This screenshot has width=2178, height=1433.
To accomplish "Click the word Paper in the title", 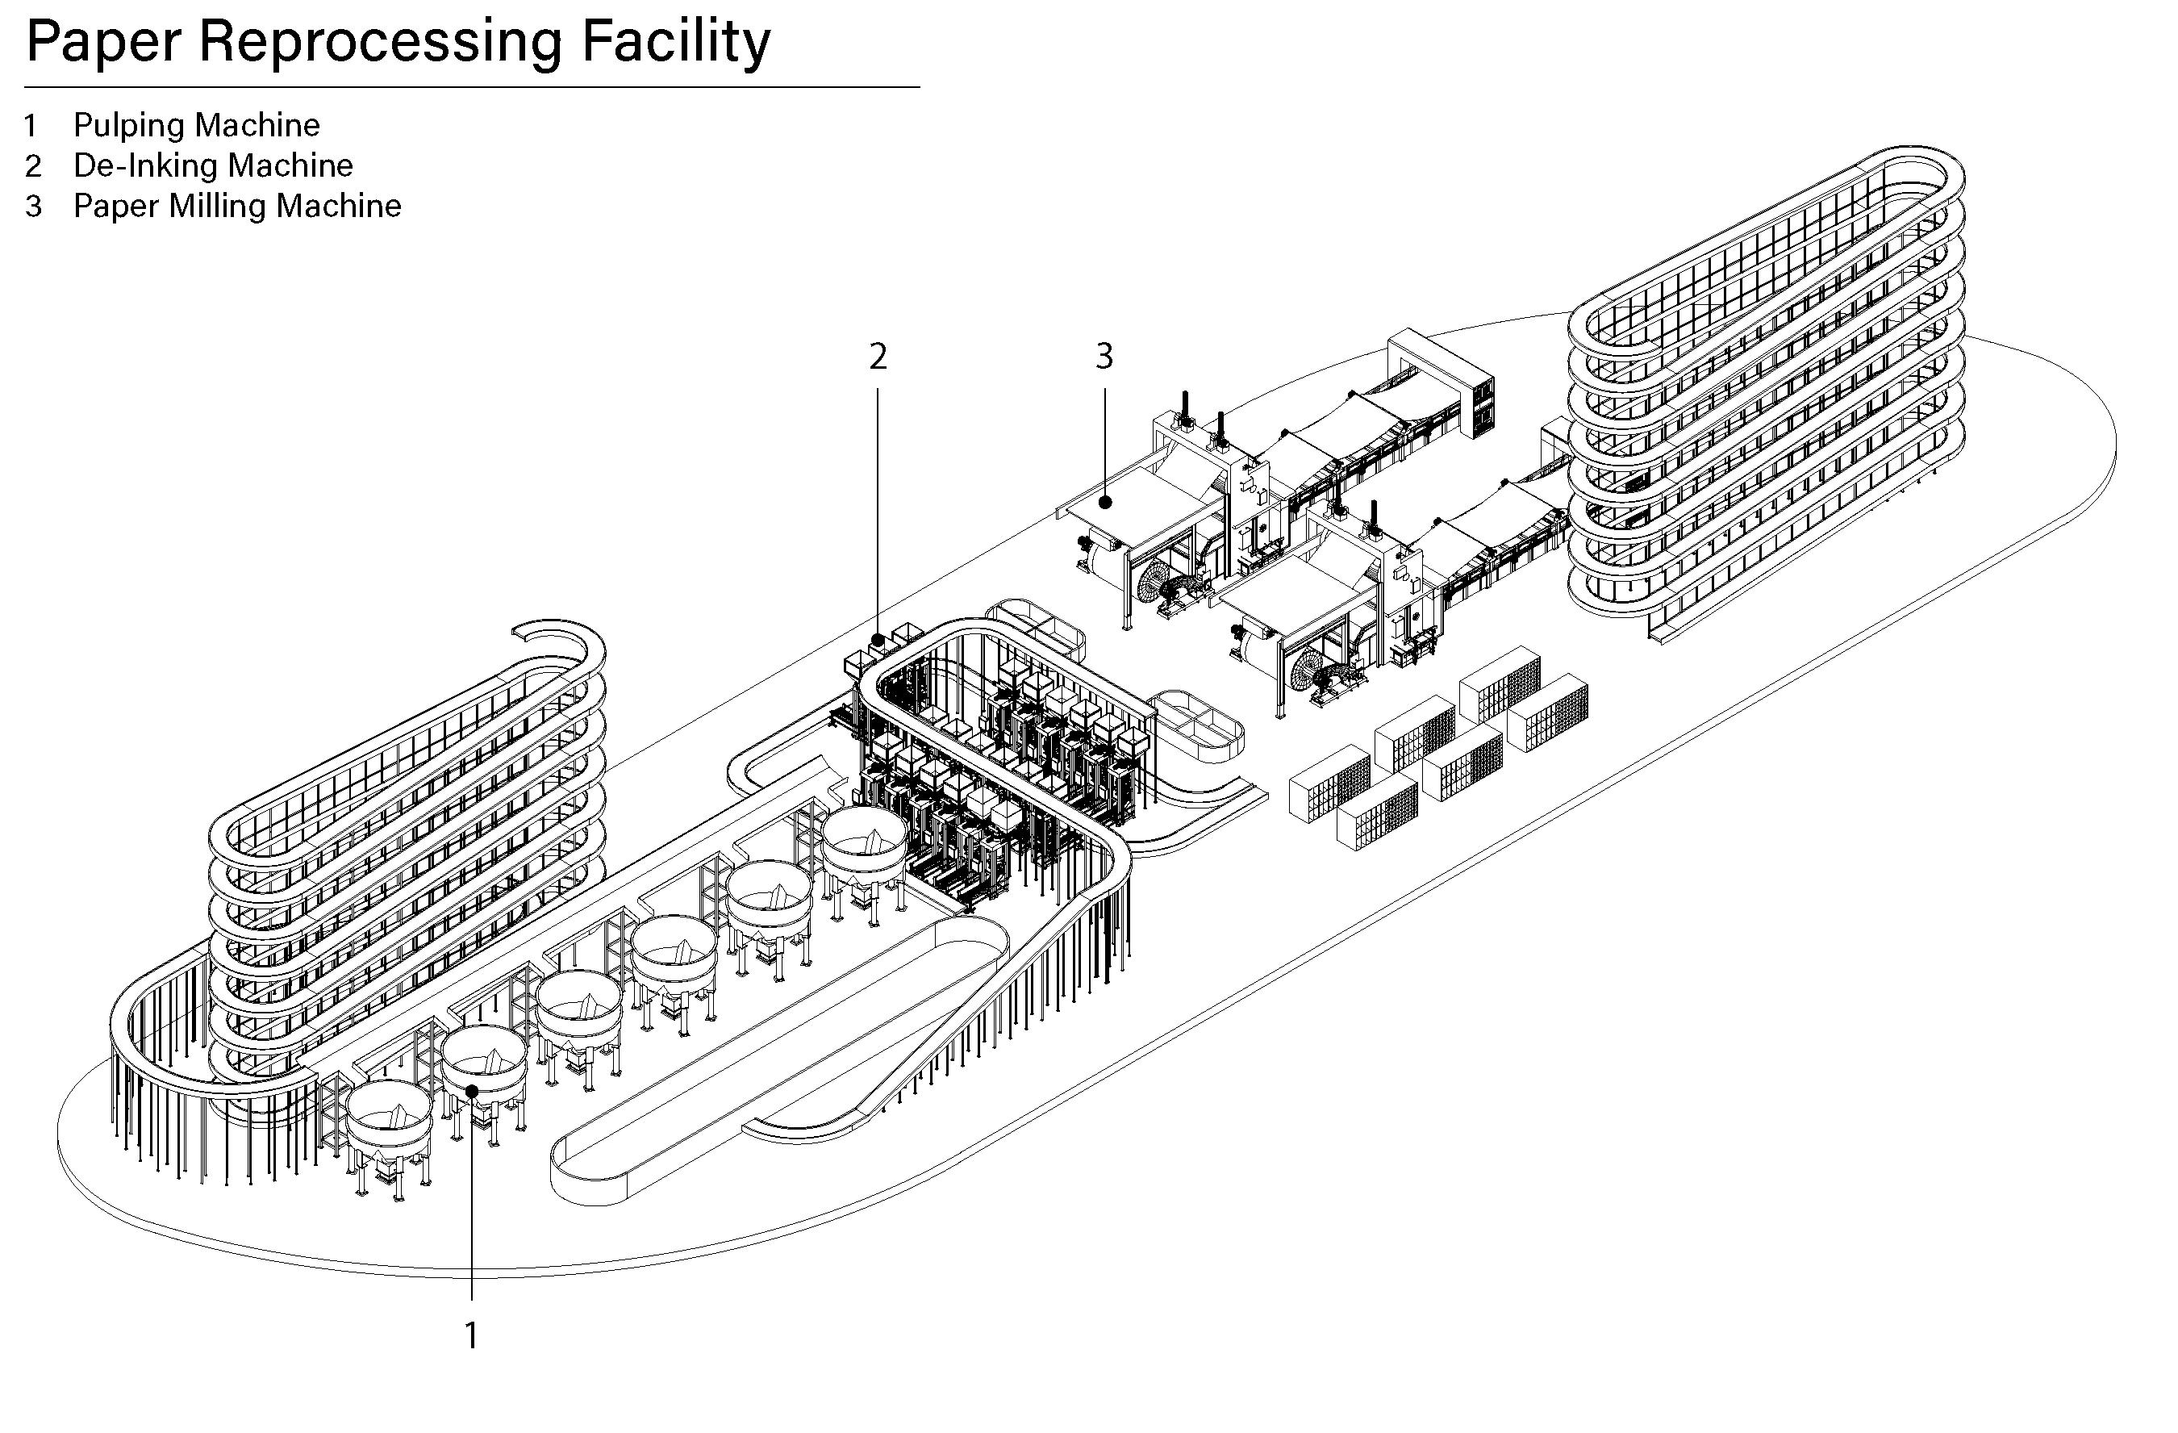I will click(x=103, y=43).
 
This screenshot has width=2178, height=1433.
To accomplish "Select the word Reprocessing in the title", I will click(x=379, y=43).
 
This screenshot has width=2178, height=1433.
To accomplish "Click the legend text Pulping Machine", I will click(x=197, y=124).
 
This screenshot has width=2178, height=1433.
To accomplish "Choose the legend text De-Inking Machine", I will click(x=213, y=165).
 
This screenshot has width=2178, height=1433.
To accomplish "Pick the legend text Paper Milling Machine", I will click(x=237, y=206).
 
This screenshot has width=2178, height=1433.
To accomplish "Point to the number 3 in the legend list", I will click(x=34, y=207).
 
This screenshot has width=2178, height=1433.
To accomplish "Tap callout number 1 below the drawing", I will click(x=471, y=1336).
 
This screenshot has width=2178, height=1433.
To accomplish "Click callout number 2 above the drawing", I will click(x=878, y=357).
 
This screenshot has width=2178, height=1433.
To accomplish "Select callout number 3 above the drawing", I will click(x=1104, y=356).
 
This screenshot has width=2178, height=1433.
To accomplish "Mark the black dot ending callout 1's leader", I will click(x=472, y=1090).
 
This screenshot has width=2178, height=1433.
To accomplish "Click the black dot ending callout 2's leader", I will click(x=878, y=640).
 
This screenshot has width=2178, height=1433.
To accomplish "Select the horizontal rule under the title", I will click(x=471, y=87).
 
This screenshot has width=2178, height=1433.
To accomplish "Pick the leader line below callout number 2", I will click(x=878, y=512).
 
